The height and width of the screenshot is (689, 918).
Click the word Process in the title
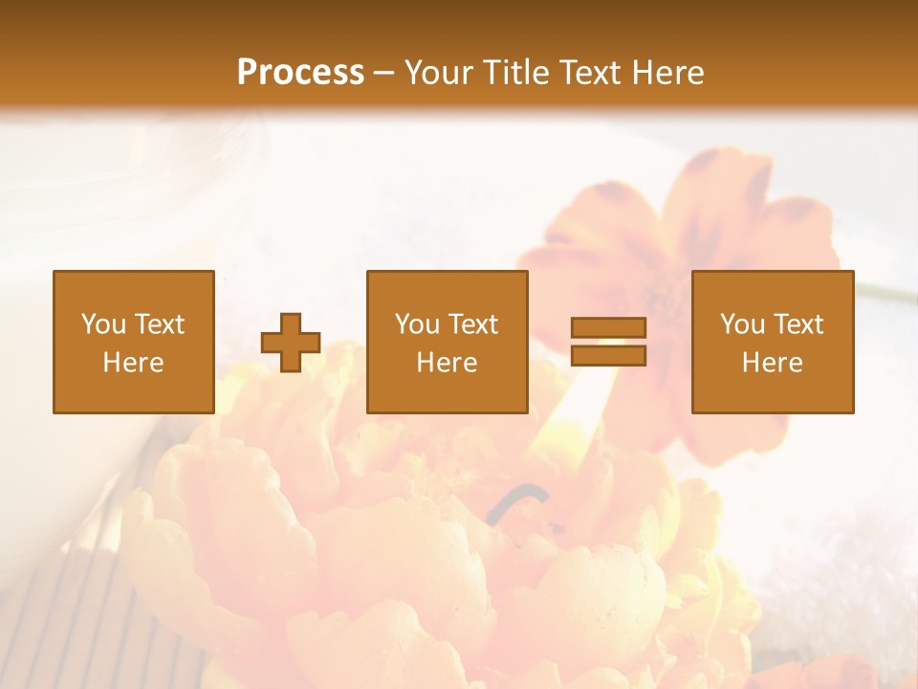click(300, 73)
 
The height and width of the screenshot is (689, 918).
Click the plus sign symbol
click(291, 343)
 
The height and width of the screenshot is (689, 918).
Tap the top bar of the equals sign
click(608, 327)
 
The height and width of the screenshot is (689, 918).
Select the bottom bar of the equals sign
click(608, 356)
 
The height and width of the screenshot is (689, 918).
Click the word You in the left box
click(103, 324)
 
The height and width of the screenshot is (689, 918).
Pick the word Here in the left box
click(133, 363)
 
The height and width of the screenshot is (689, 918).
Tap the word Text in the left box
click(158, 324)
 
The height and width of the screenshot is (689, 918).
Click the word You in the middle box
click(417, 324)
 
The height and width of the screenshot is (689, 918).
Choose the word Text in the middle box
click(471, 324)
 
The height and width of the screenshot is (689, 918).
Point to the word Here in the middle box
click(447, 363)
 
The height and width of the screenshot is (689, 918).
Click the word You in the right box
click(742, 324)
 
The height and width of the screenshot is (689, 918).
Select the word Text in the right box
click(797, 324)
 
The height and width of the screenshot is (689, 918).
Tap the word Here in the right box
click(772, 363)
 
